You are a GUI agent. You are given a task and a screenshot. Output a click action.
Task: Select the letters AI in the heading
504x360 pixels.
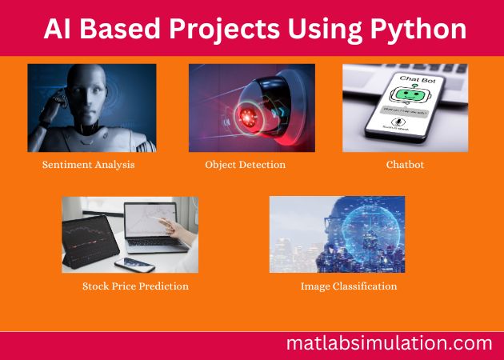(x=56, y=30)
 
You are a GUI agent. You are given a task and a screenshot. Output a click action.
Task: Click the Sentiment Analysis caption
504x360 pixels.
(x=88, y=165)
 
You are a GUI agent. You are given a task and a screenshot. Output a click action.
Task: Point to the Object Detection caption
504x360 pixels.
(x=245, y=165)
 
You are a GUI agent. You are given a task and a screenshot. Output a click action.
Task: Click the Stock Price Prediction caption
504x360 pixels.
(x=135, y=286)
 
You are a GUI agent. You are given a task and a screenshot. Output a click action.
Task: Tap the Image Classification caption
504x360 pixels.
(x=348, y=286)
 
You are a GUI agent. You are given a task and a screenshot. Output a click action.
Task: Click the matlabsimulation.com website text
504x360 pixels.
(x=389, y=344)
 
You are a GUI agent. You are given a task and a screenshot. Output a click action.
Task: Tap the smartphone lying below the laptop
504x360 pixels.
(x=136, y=264)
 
